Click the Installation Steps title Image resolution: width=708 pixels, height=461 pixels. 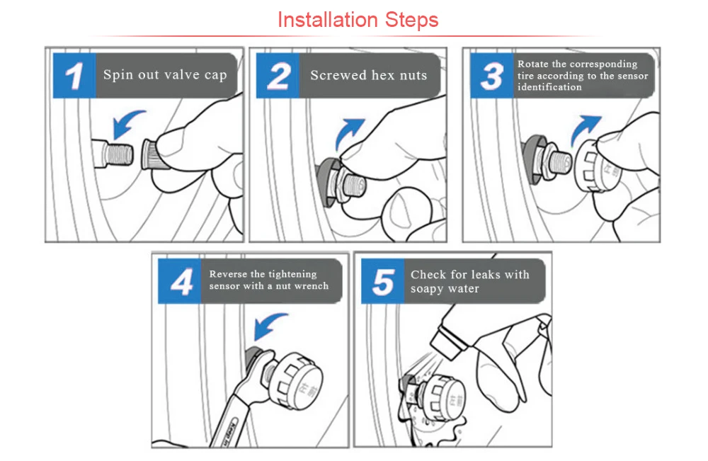(x=358, y=20)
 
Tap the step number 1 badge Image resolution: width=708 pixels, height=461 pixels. (x=74, y=75)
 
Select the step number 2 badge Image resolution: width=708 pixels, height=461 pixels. (x=278, y=75)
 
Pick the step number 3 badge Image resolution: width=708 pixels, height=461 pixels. (x=492, y=75)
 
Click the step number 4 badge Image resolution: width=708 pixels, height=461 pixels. (x=180, y=281)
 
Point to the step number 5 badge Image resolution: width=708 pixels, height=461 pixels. (x=383, y=281)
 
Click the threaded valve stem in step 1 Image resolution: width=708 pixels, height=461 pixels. (x=113, y=154)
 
